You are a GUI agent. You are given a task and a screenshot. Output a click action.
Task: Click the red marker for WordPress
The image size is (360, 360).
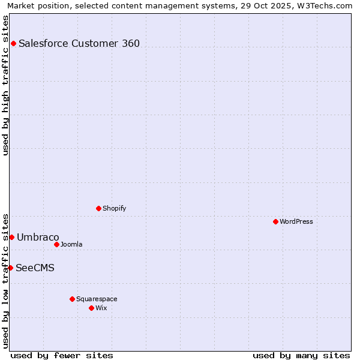pos(275,221)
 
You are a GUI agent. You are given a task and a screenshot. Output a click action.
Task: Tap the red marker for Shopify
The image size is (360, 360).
pos(98,208)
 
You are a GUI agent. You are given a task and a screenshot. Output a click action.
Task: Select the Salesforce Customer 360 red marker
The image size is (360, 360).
pos(13,43)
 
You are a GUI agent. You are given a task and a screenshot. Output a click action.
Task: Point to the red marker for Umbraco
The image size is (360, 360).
pos(11,237)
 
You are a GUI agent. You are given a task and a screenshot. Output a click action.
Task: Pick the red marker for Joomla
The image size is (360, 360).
pos(56,244)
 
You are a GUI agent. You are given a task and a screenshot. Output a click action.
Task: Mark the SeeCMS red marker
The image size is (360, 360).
pos(10,268)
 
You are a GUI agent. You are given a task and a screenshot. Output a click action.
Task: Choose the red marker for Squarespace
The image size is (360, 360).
pos(72,299)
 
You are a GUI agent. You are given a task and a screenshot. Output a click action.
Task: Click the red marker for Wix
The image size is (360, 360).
pos(91,308)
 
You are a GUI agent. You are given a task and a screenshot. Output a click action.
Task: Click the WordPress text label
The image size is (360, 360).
pos(296,221)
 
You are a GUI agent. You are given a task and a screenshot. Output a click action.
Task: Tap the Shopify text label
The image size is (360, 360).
pos(114,208)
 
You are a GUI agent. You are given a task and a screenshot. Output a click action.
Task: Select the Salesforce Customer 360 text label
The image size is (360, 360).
pos(79,43)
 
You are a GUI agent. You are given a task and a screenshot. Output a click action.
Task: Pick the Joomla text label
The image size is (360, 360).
pos(71,244)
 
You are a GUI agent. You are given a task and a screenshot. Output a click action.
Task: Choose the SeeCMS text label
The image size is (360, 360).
pos(35,268)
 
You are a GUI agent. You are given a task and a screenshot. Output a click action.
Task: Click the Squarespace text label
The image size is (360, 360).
pos(97,299)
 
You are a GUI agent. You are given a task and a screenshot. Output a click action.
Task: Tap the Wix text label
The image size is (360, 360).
pos(101,308)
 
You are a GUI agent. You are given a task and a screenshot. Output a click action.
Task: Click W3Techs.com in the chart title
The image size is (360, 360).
pos(328,5)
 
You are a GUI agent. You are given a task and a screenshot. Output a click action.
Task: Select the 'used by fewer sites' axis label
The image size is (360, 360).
pos(62,355)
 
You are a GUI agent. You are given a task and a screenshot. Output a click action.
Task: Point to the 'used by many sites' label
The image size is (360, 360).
pos(301,355)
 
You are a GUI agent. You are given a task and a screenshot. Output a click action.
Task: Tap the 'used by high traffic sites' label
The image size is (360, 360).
pos(5,85)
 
